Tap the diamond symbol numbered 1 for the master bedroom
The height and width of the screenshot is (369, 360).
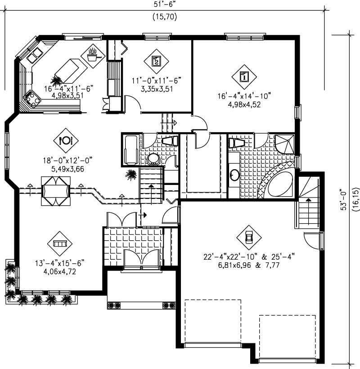point(243,76)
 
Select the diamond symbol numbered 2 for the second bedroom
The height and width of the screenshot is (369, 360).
point(156,60)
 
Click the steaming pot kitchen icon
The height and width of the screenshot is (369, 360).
point(93,55)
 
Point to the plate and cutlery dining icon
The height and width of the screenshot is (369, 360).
point(66,140)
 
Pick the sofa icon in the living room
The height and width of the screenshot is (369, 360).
point(59,243)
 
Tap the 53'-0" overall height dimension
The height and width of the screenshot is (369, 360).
point(344,198)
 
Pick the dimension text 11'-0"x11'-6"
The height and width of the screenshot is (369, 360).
point(156,81)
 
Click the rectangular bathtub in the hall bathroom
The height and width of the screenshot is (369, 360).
point(130,150)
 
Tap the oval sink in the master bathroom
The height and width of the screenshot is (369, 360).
point(235,175)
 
